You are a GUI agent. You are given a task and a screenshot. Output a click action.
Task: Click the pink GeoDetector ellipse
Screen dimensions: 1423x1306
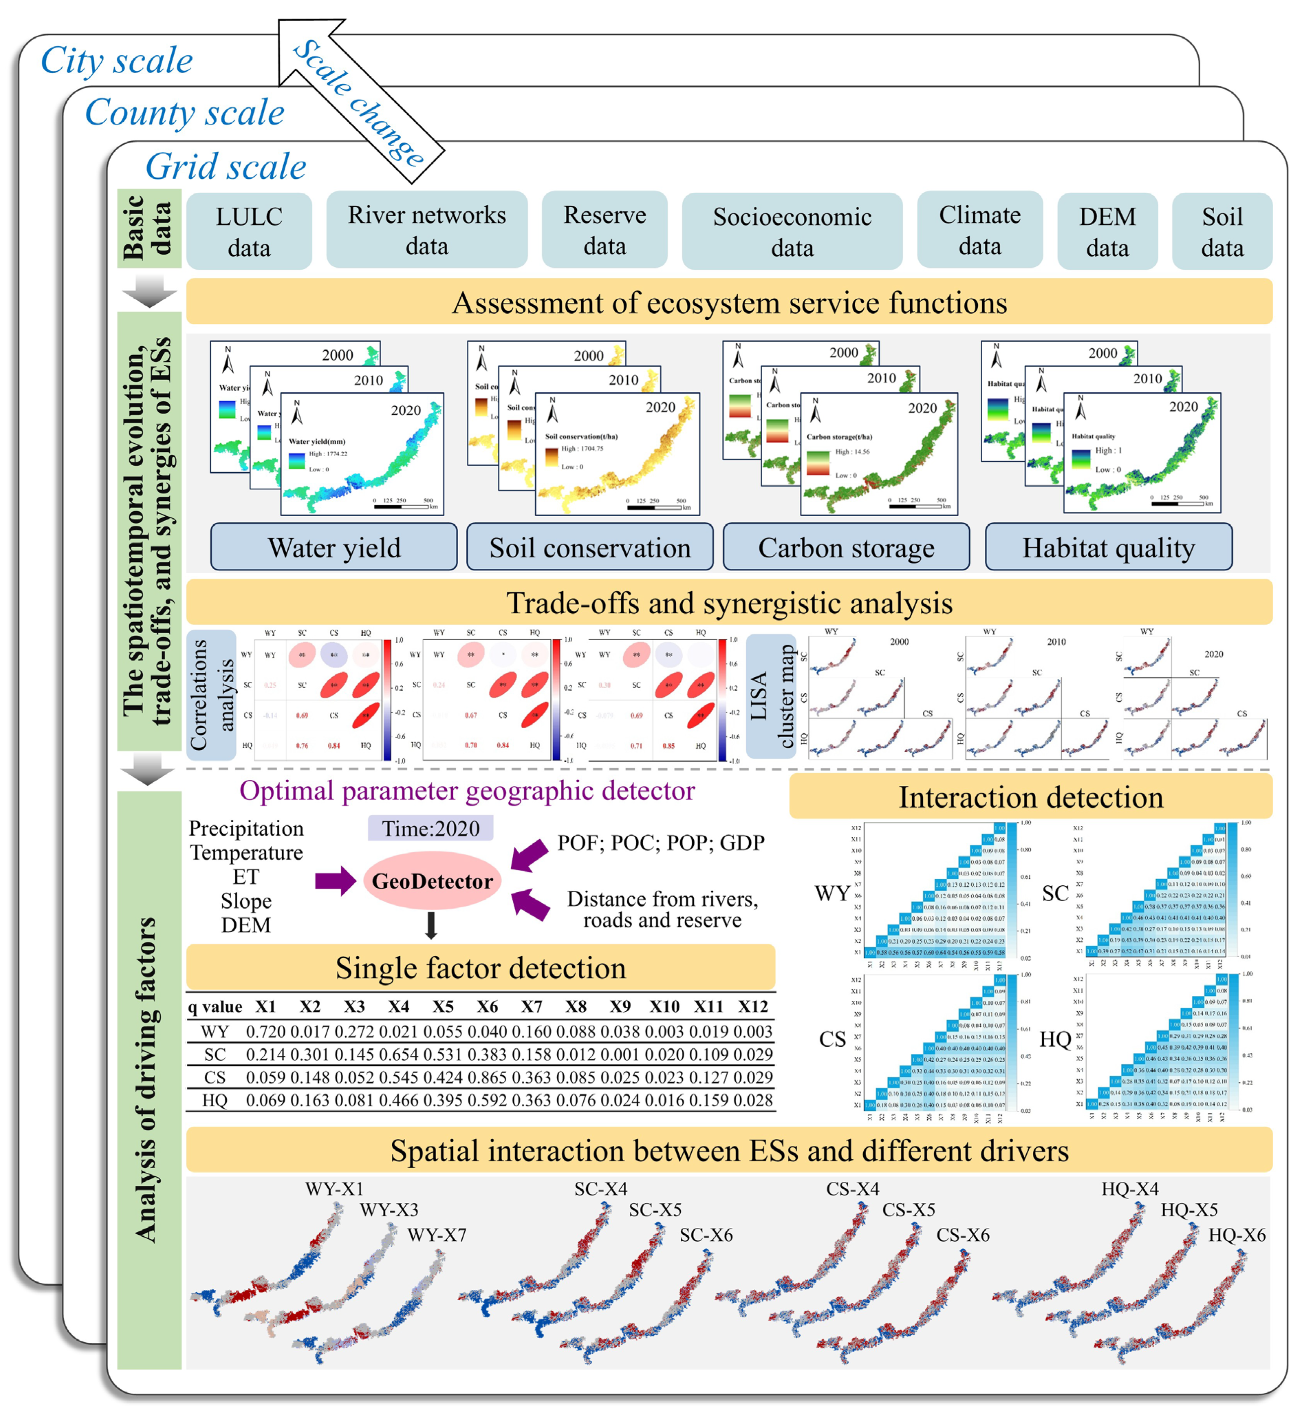click(432, 881)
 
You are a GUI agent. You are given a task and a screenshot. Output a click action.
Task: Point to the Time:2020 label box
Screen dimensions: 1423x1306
click(430, 828)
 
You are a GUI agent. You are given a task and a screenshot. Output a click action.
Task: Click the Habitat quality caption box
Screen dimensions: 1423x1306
click(1108, 548)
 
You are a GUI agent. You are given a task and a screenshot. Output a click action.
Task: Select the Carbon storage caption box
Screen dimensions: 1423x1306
click(846, 548)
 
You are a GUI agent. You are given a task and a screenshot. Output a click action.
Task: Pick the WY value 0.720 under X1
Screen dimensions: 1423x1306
click(266, 1032)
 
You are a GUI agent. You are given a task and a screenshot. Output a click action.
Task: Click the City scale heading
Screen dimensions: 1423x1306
click(117, 61)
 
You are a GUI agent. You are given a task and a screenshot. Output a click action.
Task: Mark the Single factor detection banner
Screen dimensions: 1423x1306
click(480, 968)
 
